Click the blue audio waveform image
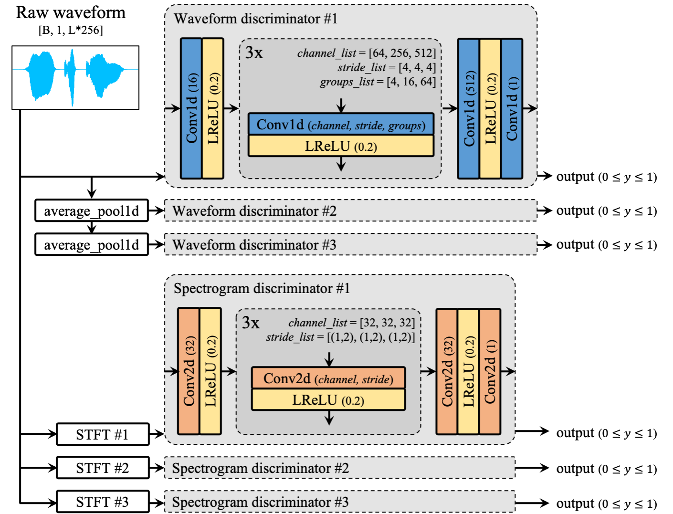pos(75,77)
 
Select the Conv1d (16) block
pos(191,108)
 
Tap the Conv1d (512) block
pos(469,108)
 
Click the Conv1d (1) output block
pos(512,108)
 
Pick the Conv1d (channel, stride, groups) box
pos(341,125)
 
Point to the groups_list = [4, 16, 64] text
pos(378,82)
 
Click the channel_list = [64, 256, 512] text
pos(366,53)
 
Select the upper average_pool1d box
pos(92,210)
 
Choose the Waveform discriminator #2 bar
pos(350,210)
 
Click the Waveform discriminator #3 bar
pos(350,244)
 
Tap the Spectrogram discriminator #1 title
pos(262,288)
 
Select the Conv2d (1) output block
pos(490,371)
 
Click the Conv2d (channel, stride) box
pos(328,378)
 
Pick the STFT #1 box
pos(103,434)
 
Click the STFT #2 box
pos(103,468)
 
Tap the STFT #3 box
pos(103,502)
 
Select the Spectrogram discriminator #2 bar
pos(339,468)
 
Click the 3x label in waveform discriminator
pos(254,52)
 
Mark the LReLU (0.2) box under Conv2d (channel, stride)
pos(328,400)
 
